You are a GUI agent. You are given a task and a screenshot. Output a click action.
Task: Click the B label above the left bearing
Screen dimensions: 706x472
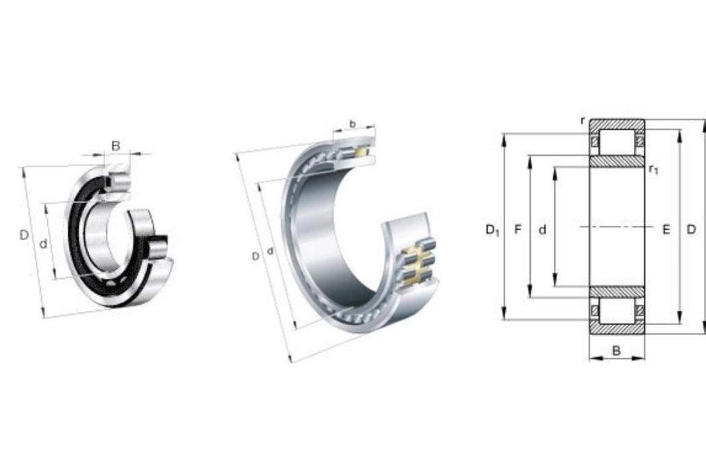click(x=116, y=146)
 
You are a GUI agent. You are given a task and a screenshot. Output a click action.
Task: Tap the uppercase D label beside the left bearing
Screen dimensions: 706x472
click(x=24, y=235)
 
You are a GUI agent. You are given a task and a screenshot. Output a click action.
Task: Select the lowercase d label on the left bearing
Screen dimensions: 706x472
click(x=43, y=244)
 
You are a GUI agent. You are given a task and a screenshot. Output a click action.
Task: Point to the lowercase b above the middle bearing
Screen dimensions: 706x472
click(x=352, y=123)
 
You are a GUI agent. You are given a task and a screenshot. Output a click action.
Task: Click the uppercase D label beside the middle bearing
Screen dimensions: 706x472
click(x=255, y=257)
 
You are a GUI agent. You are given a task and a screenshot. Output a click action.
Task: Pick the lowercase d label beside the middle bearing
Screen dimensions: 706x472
click(x=270, y=251)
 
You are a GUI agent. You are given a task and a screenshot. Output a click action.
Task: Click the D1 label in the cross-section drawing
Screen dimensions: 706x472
click(x=492, y=231)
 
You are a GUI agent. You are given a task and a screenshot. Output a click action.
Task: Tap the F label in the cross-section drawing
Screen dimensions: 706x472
click(x=518, y=229)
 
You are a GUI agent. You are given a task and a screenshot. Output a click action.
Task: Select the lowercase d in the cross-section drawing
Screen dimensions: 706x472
click(x=542, y=229)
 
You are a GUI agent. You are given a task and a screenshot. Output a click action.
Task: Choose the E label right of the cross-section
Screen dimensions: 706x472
click(x=666, y=230)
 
